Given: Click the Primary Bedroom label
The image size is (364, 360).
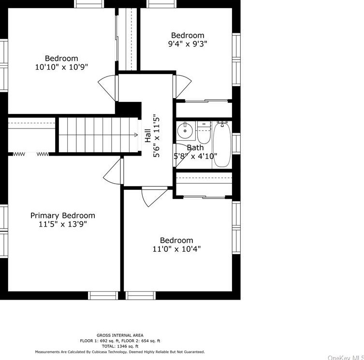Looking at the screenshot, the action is point(63,216).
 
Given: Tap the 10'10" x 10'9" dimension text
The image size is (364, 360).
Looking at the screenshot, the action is point(61,67).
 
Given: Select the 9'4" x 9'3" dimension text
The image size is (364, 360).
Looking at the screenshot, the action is point(188,43).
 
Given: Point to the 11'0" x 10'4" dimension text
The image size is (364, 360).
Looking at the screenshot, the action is point(176,249).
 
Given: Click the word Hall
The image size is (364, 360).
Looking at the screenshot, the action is point(147,136).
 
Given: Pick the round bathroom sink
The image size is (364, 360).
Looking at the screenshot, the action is point(185,130).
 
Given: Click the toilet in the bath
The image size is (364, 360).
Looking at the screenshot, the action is point(204,132).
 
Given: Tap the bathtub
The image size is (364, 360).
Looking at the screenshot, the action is point(222,144).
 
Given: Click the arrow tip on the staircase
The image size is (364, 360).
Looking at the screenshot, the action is point(137,135).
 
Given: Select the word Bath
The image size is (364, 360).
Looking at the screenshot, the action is point(195,147).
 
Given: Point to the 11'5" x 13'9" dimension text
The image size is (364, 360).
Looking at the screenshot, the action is point(63,224).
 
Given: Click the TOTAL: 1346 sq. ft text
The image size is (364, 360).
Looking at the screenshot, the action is point(120,346).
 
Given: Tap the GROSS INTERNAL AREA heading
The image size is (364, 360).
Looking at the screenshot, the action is point(120,335).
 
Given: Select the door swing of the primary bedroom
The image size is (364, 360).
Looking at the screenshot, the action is point(112,171).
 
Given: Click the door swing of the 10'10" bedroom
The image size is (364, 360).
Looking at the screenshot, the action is point(107,88).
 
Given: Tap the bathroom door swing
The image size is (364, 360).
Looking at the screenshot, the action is point(182,155).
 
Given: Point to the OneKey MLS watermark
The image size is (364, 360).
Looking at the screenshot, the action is point(346,358).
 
